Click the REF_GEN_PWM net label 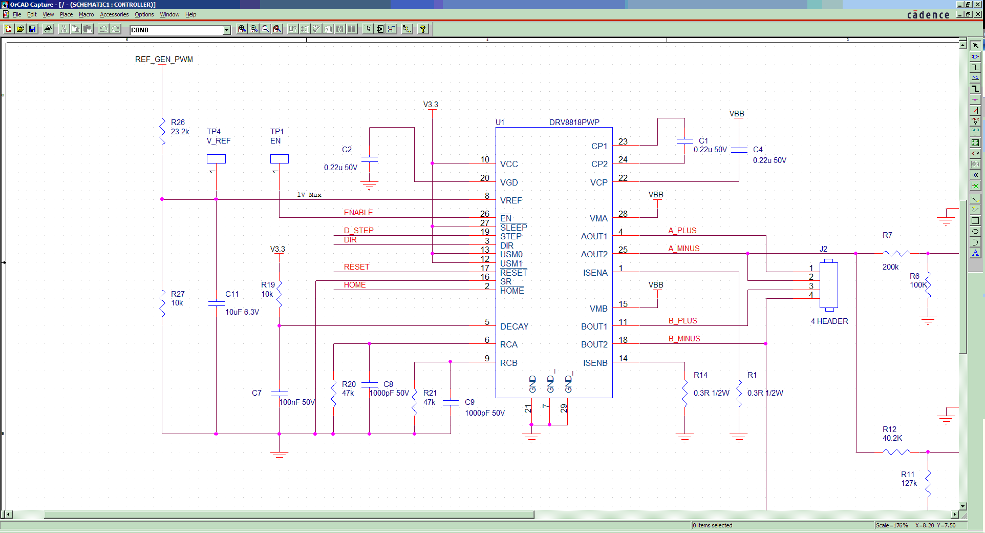tap(164, 59)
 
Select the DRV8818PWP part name tap(574, 122)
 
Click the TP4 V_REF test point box tap(216, 159)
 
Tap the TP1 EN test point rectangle tap(279, 159)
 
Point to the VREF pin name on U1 tap(511, 200)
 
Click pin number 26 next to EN tap(484, 214)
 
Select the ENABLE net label tap(358, 213)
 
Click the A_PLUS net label tap(682, 231)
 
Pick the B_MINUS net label tap(684, 339)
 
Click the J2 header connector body tap(829, 285)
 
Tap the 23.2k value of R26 tap(180, 132)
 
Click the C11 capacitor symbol tap(216, 304)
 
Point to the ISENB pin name tap(595, 363)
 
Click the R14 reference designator tap(700, 375)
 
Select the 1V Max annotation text tap(309, 195)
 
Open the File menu tap(17, 14)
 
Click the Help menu tap(190, 14)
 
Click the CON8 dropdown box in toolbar tap(180, 30)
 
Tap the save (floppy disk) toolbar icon tap(32, 29)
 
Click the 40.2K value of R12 tap(892, 438)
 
